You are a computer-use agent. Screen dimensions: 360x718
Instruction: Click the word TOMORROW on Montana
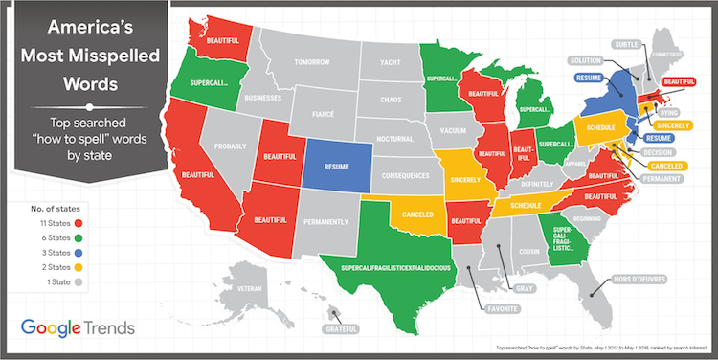[312, 63]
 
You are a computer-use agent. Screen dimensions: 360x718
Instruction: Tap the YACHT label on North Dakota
[388, 63]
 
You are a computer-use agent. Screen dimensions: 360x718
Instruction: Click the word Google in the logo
[56, 326]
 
